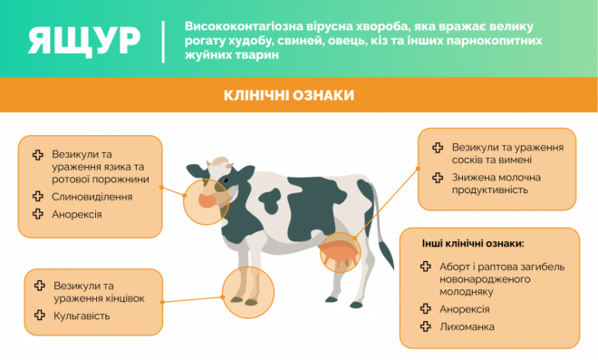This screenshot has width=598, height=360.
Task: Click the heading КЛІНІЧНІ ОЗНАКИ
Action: [288, 95]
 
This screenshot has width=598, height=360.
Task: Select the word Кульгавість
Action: [82, 316]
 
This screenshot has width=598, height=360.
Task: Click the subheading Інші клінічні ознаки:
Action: [473, 244]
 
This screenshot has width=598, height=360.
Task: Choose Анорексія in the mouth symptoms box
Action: [77, 215]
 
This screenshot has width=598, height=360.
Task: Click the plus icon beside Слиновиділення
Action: [37, 196]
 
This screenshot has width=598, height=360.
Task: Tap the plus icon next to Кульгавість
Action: [39, 316]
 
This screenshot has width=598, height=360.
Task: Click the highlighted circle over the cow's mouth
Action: [203, 201]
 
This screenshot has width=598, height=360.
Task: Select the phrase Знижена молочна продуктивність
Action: [496, 183]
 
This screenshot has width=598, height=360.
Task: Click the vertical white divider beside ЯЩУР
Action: [163, 40]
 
